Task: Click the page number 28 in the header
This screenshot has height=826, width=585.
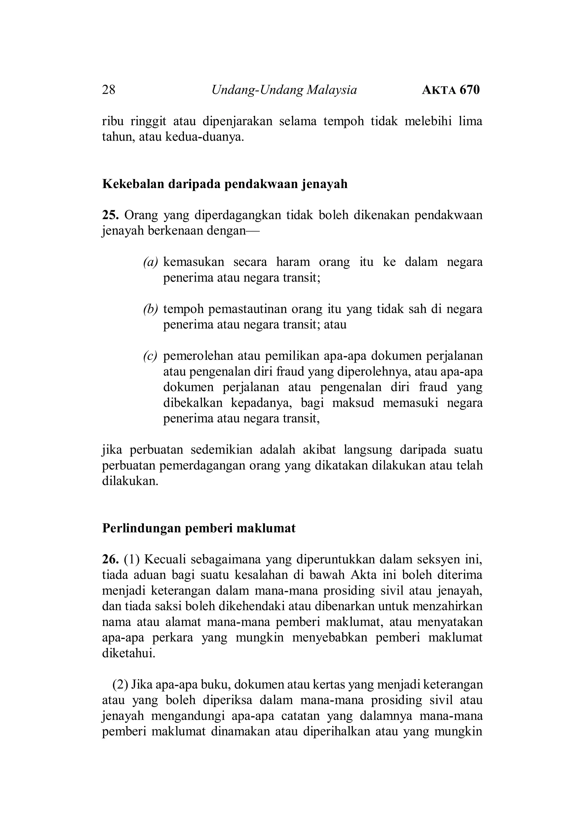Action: pos(109,90)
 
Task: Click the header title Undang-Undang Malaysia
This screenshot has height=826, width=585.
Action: pos(284,90)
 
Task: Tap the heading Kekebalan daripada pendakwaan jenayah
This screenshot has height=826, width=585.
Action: pos(225,184)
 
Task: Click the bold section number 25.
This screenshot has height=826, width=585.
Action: pos(110,215)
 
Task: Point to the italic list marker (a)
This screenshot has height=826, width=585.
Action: pos(150,262)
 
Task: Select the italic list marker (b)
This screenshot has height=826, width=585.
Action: pos(150,309)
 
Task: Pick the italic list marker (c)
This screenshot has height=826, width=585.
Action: pos(150,356)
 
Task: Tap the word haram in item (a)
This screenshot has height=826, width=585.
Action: pos(293,262)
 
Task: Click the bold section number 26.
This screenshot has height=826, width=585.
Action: pos(110,560)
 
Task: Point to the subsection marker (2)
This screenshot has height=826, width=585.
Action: pos(120,685)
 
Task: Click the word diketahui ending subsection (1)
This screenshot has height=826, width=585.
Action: pos(129,654)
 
